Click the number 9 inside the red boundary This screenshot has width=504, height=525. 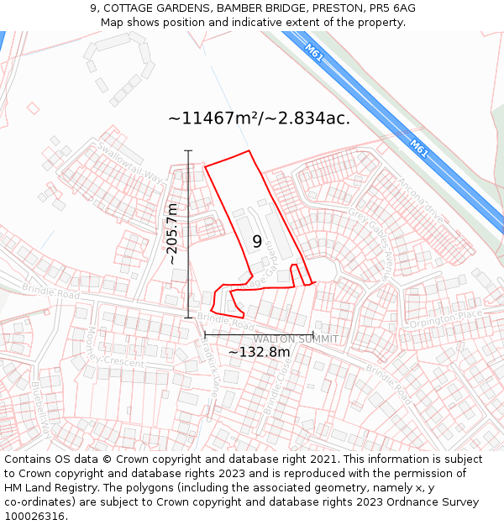[x=257, y=241]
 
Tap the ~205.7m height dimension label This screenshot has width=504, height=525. [x=173, y=234]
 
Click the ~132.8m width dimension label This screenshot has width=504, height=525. [x=259, y=352]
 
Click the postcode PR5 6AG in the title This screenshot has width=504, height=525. [x=391, y=8]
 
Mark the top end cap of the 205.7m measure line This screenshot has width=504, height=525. [x=188, y=151]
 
